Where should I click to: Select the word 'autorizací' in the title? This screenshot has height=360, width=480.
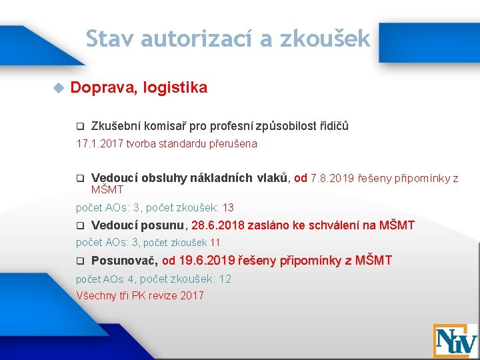point(198,39)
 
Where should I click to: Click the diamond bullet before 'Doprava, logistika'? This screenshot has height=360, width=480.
point(57,88)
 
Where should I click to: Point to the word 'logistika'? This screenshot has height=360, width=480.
point(177,87)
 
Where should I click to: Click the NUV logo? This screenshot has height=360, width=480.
point(455,340)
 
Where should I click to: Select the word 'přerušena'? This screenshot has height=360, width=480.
point(234,143)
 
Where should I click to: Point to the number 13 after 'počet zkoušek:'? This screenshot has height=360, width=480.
point(228,207)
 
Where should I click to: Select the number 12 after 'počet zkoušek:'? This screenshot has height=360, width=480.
point(225,279)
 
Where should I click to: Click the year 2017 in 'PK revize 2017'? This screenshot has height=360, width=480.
point(191,295)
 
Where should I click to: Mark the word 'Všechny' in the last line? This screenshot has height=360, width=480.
point(96,295)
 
